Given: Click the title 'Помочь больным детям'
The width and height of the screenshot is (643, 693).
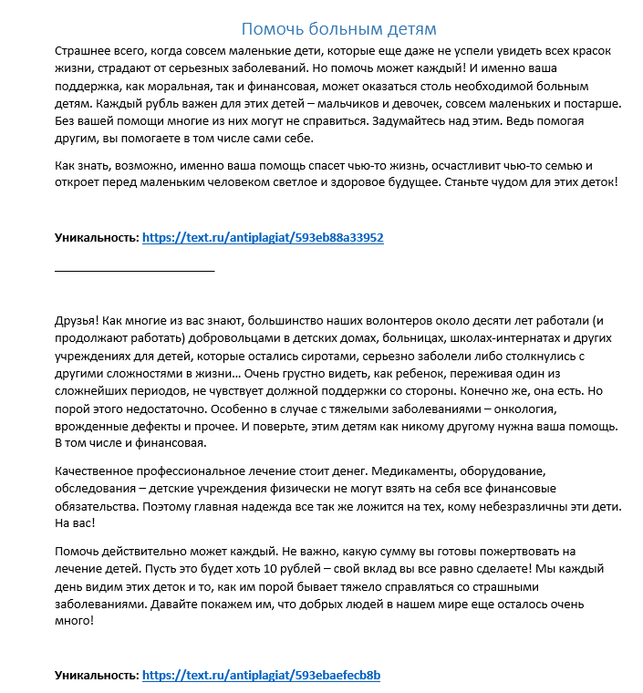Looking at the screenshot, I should tap(338, 29).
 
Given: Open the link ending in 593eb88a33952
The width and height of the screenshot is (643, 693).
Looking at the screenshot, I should tap(263, 238).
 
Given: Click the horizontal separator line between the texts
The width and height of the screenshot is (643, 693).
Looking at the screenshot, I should tap(134, 271).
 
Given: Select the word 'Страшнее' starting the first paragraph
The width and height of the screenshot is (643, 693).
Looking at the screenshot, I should tap(81, 51).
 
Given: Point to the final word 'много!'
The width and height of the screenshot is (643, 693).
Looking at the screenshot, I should tap(74, 621).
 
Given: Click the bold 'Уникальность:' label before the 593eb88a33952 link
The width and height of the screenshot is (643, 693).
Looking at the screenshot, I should tap(97, 238).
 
